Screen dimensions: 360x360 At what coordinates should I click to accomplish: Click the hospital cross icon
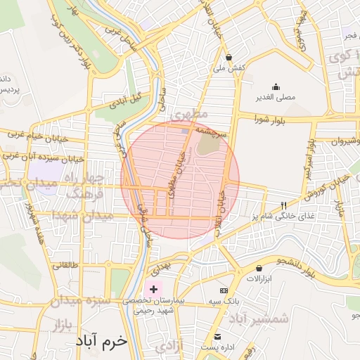pos(153,289)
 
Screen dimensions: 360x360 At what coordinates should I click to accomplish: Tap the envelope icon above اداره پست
pos(218,337)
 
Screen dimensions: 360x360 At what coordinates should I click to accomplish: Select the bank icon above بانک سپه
pos(224,290)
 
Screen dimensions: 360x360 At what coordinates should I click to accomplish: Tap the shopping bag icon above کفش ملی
pos(229,57)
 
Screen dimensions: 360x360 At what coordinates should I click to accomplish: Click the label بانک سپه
pos(225,301)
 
